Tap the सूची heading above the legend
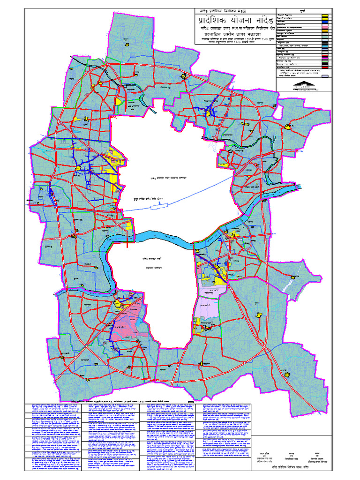pyautogui.click(x=303, y=10)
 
